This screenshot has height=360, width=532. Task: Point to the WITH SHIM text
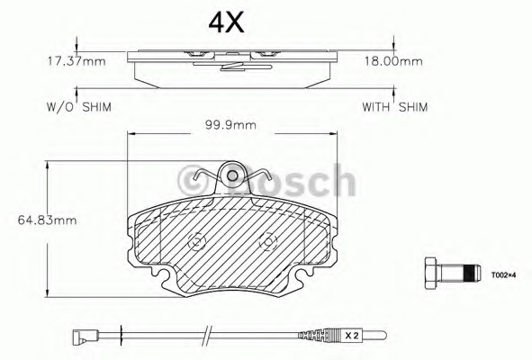[x=394, y=105]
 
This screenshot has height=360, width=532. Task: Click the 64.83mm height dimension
[x=32, y=219]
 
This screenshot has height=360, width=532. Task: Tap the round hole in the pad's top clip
[x=233, y=176]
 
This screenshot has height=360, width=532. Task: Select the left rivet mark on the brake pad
[x=195, y=242]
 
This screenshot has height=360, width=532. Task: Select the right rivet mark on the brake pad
[x=266, y=242]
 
